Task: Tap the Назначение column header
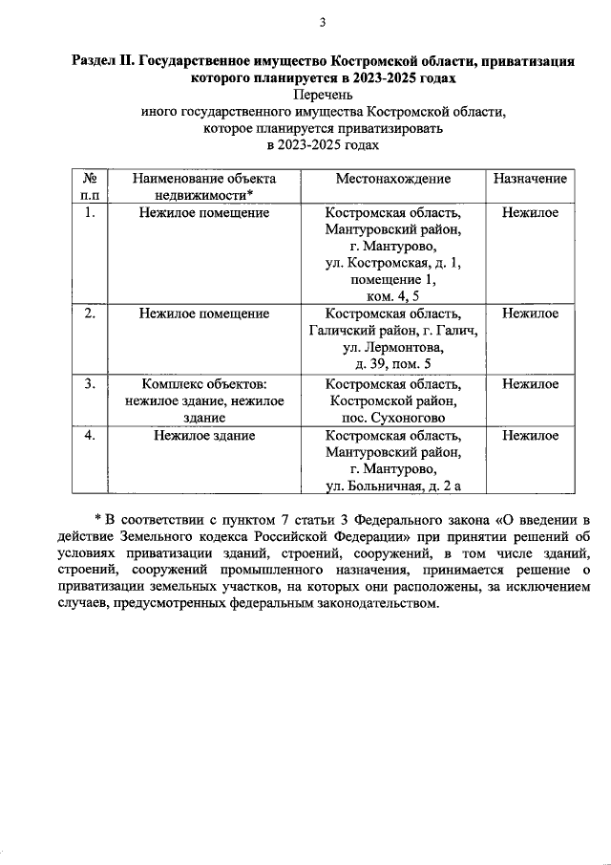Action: [530, 179]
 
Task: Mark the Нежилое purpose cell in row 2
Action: [530, 314]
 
